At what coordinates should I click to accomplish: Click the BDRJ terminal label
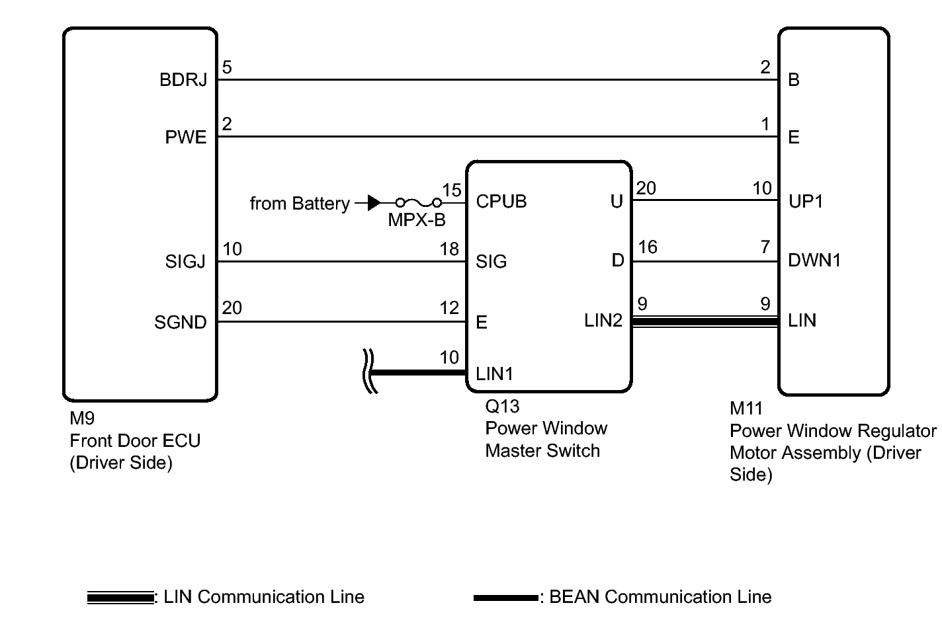[183, 80]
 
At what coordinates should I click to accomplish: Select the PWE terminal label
[186, 138]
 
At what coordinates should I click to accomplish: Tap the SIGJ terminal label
[185, 262]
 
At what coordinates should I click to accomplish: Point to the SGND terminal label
[181, 323]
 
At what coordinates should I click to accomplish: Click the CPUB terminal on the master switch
[501, 202]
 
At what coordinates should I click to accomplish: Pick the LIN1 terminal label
[494, 374]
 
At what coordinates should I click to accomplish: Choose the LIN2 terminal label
[603, 321]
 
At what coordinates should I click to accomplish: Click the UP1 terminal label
[805, 202]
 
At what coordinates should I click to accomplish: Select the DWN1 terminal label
[814, 260]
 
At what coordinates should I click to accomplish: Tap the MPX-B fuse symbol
[419, 204]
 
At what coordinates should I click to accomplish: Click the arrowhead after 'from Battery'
[374, 203]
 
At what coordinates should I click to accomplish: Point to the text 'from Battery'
[300, 204]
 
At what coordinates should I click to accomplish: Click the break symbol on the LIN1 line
[370, 372]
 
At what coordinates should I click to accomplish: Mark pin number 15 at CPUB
[452, 190]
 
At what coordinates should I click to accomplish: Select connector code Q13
[502, 407]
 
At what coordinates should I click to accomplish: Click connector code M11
[746, 409]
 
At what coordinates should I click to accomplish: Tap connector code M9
[82, 418]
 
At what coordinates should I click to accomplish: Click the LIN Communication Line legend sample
[120, 598]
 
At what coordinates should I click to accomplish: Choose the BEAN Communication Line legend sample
[506, 598]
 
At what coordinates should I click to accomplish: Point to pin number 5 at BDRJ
[227, 67]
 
